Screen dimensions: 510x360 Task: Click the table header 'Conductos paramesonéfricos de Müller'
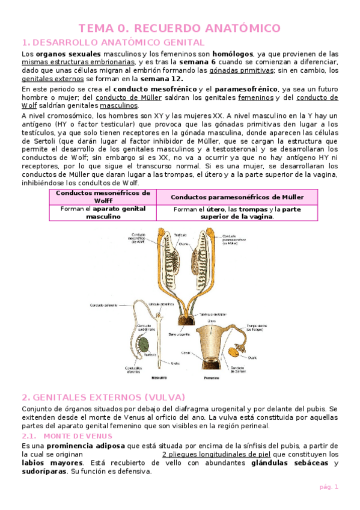pyautogui.click(x=237, y=197)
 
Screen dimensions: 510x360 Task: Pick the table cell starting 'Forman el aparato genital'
pyautogui.click(x=103, y=212)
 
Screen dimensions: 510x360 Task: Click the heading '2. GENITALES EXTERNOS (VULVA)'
pyautogui.click(x=103, y=398)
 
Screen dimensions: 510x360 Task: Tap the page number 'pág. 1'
pyautogui.click(x=328, y=487)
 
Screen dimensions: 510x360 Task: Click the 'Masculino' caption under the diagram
pyautogui.click(x=159, y=378)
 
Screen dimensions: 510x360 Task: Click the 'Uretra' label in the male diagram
pyautogui.click(x=174, y=363)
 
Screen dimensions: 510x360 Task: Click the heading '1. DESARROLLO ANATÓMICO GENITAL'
pyautogui.click(x=113, y=42)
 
